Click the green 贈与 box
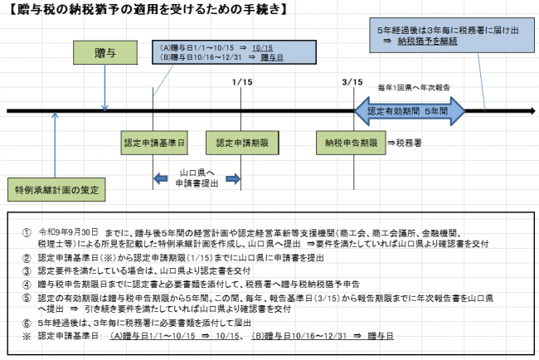[x=104, y=53]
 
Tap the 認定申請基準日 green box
[x=153, y=144]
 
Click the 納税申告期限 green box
[x=352, y=144]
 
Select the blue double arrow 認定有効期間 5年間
[x=410, y=109]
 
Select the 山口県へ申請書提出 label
[x=197, y=177]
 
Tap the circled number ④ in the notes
[x=27, y=282]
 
